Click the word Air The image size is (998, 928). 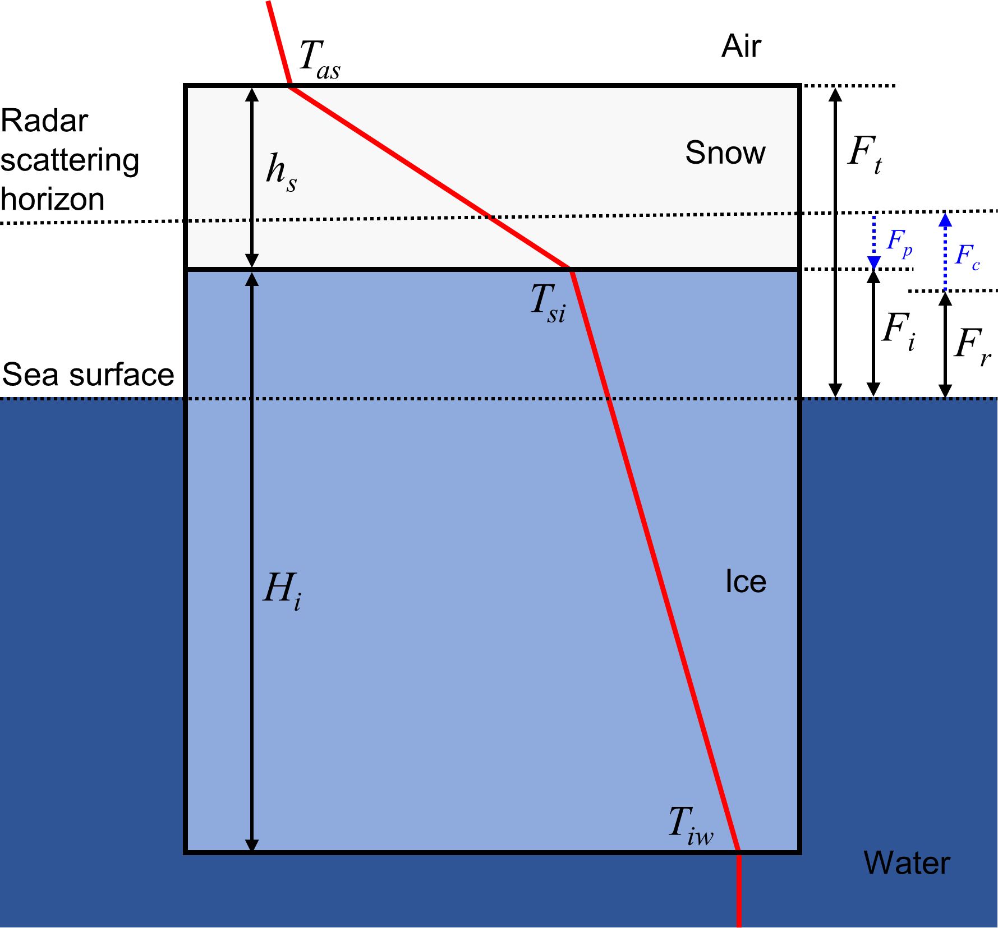click(x=741, y=46)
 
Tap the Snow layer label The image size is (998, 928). click(x=725, y=153)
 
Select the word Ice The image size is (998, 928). click(x=746, y=581)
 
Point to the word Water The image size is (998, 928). click(x=907, y=862)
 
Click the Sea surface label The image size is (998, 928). click(x=88, y=374)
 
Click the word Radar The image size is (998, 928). click(x=44, y=121)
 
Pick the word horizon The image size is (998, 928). click(x=52, y=199)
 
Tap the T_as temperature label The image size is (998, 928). click(x=319, y=59)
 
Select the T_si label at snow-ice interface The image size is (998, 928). click(x=548, y=303)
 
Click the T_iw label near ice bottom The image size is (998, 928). click(x=691, y=825)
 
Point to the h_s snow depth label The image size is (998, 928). click(x=281, y=172)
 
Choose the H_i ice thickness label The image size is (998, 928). click(x=282, y=590)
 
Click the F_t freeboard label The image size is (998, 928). click(x=864, y=154)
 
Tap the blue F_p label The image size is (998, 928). click(x=899, y=242)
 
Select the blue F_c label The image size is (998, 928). click(x=967, y=256)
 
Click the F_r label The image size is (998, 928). click(x=972, y=345)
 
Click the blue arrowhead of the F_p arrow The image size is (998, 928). click(x=873, y=262)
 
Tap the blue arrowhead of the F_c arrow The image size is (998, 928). click(x=945, y=220)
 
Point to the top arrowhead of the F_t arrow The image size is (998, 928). click(x=835, y=94)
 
